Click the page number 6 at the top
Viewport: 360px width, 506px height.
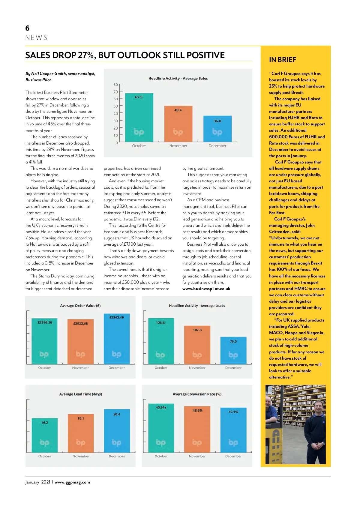point(27,28)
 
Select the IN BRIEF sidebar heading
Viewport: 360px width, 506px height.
point(282,60)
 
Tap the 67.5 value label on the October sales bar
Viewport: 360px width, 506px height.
point(139,97)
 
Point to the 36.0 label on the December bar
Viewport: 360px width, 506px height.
point(217,121)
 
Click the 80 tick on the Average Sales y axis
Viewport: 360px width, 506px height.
point(115,85)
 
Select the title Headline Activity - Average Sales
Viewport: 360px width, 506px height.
point(178,78)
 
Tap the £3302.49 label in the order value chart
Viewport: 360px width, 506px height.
point(116,317)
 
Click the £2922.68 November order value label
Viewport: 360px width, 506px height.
point(80,323)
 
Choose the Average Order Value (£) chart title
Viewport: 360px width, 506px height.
point(80,306)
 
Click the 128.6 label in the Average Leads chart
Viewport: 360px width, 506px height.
point(160,322)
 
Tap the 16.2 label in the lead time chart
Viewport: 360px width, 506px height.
point(44,423)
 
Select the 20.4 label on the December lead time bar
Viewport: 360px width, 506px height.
point(117,414)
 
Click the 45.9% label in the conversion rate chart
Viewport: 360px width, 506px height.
point(161,407)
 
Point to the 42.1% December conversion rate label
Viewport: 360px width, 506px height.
point(233,412)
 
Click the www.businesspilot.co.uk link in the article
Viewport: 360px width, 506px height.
point(206,289)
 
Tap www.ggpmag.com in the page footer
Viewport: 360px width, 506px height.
point(72,482)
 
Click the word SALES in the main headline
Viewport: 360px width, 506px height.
point(38,55)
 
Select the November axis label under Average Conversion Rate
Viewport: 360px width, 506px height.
point(197,456)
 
